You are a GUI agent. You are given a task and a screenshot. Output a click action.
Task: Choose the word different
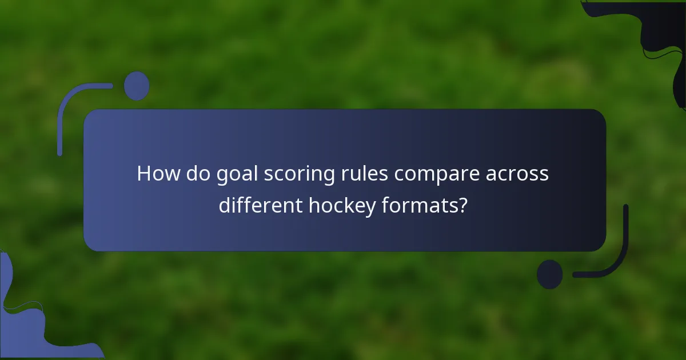pos(260,204)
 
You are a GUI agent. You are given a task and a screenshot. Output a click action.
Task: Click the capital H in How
pos(144,174)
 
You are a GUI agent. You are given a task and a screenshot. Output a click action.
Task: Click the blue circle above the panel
pos(137,86)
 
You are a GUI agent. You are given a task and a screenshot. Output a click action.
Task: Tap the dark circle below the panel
pos(549,274)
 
